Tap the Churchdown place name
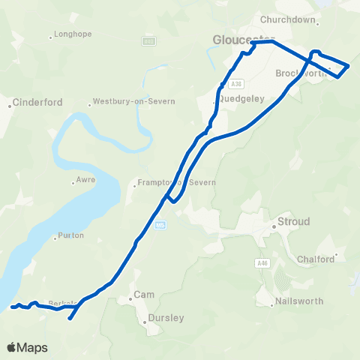pyautogui.click(x=288, y=19)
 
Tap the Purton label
pyautogui.click(x=70, y=235)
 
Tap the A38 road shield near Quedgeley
pyautogui.click(x=236, y=84)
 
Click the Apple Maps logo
pyautogui.click(x=27, y=347)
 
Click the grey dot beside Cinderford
pyautogui.click(x=10, y=106)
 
